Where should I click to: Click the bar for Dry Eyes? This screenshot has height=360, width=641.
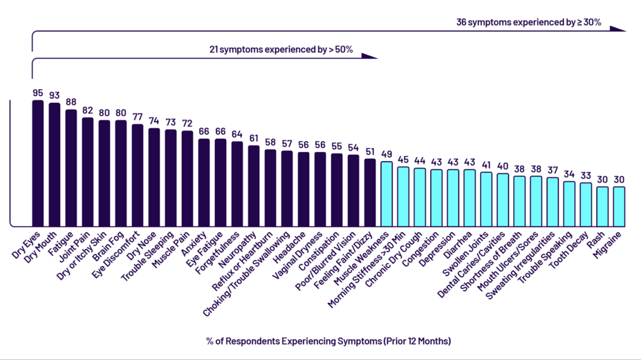(38, 163)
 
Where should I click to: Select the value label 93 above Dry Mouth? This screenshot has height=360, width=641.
(55, 95)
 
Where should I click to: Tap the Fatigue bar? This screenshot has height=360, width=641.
(71, 167)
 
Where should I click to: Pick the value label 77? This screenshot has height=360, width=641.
(138, 117)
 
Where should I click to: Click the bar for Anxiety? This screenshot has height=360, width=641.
(204, 182)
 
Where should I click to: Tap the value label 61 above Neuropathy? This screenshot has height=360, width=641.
(254, 138)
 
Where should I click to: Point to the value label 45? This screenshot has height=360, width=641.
(403, 160)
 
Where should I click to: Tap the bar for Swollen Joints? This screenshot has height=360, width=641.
(486, 198)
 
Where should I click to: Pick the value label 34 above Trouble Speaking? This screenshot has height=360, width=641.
(569, 174)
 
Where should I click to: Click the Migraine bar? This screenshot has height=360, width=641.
(619, 206)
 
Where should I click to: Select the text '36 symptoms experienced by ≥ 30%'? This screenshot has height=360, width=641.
(528, 22)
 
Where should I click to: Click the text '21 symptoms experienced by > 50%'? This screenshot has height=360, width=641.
(281, 50)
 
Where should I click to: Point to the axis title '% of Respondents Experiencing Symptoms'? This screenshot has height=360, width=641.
(328, 341)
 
